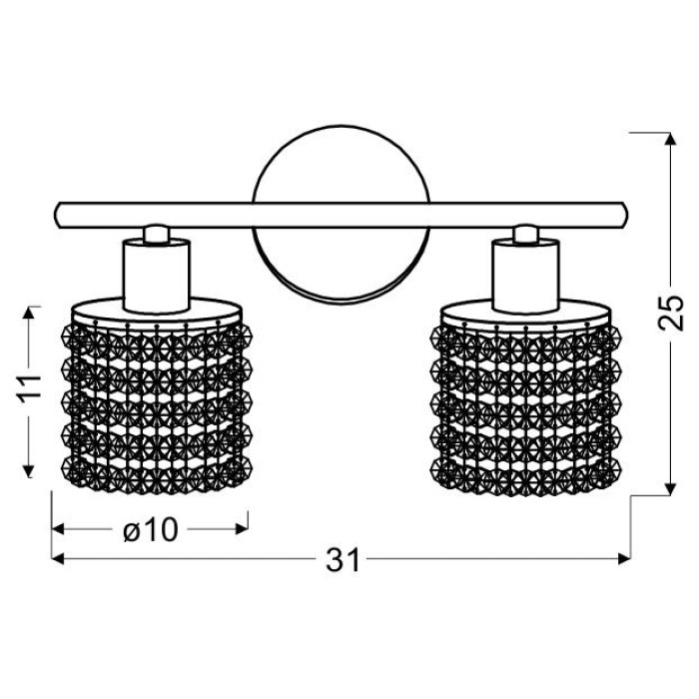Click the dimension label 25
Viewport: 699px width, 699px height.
coord(671,313)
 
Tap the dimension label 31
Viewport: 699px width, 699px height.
coord(343,560)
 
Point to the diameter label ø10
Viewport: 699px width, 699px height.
coord(151,530)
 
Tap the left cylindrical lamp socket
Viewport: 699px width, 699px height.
coord(157,275)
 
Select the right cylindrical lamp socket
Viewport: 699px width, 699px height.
coord(525,275)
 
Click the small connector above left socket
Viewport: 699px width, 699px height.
coord(157,235)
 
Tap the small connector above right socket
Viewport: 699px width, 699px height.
coord(525,235)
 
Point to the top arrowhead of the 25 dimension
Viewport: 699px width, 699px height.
coord(670,139)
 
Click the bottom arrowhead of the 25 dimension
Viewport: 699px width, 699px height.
coord(670,489)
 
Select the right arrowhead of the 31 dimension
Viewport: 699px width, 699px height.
coord(624,558)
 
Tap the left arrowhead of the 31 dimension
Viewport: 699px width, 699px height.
coord(58,558)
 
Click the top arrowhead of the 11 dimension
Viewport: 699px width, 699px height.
coord(29,313)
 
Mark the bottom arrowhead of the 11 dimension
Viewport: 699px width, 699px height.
coord(29,470)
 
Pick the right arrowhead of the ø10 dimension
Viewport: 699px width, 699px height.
coord(242,529)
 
